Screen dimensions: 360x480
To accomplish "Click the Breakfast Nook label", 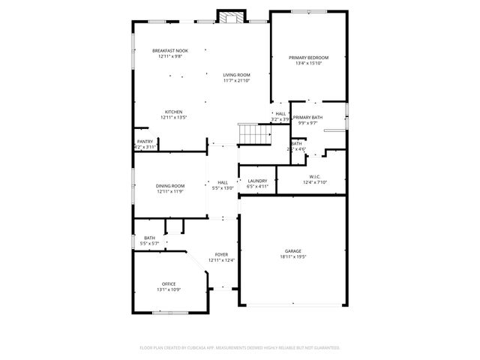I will (170, 50).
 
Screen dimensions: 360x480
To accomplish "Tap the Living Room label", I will (236, 75).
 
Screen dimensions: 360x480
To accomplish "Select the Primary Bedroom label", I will (309, 58).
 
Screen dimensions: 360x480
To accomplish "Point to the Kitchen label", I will (173, 112).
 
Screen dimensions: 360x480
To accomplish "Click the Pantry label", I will (145, 141).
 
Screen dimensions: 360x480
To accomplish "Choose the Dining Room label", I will (170, 185).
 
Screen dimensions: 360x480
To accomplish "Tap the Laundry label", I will (257, 181).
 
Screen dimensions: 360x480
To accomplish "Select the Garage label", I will (292, 250).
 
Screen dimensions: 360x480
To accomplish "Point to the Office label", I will (169, 283).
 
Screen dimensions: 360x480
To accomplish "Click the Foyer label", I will (221, 255).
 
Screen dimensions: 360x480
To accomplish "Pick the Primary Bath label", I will (307, 118).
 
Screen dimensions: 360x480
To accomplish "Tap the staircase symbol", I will (253, 135).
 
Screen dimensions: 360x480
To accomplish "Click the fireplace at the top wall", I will (231, 17).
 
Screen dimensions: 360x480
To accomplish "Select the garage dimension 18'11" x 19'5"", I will (292, 256).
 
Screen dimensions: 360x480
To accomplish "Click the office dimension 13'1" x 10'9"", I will (169, 289).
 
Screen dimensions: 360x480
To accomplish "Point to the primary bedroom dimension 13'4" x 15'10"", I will (309, 64).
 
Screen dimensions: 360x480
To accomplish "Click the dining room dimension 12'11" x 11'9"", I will (170, 191).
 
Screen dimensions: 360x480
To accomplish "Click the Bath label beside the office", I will (150, 238).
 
